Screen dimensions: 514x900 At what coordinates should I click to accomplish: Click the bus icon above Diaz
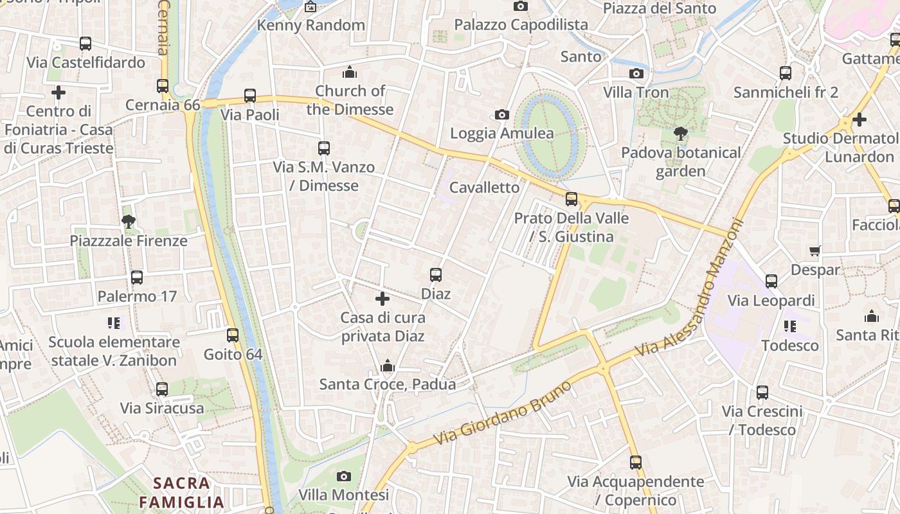pos(436,275)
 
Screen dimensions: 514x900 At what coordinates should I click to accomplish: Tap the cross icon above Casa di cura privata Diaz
pos(382,299)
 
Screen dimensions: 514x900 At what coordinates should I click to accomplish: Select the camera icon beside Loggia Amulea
pos(502,115)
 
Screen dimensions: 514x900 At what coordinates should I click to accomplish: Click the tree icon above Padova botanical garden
pos(681,134)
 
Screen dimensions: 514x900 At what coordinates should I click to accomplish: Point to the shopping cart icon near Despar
pos(815,251)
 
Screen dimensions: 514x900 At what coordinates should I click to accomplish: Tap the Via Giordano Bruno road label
pos(502,413)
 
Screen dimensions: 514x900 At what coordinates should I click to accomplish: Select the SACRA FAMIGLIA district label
pos(182,492)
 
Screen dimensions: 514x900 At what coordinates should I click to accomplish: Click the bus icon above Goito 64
pos(233,335)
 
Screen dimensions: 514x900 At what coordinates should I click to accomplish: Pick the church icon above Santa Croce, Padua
pos(387,366)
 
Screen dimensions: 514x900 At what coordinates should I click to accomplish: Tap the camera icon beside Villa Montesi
pos(344,477)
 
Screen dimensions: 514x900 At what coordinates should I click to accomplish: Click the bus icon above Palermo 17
pos(137,278)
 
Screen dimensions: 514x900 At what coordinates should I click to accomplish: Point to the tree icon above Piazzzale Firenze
pos(129,222)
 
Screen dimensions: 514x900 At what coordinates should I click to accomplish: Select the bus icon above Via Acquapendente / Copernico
pos(636,463)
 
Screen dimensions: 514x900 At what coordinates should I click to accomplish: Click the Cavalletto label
pos(484,188)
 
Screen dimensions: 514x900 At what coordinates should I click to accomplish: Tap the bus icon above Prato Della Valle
pos(571,199)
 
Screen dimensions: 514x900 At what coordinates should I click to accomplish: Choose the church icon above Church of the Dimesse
pos(350,72)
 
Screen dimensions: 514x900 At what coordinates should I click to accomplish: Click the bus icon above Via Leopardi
pos(771,281)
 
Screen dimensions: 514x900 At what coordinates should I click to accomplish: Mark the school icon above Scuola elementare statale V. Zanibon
pos(114,323)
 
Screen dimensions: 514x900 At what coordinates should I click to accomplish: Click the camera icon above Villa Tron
pos(636,74)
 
